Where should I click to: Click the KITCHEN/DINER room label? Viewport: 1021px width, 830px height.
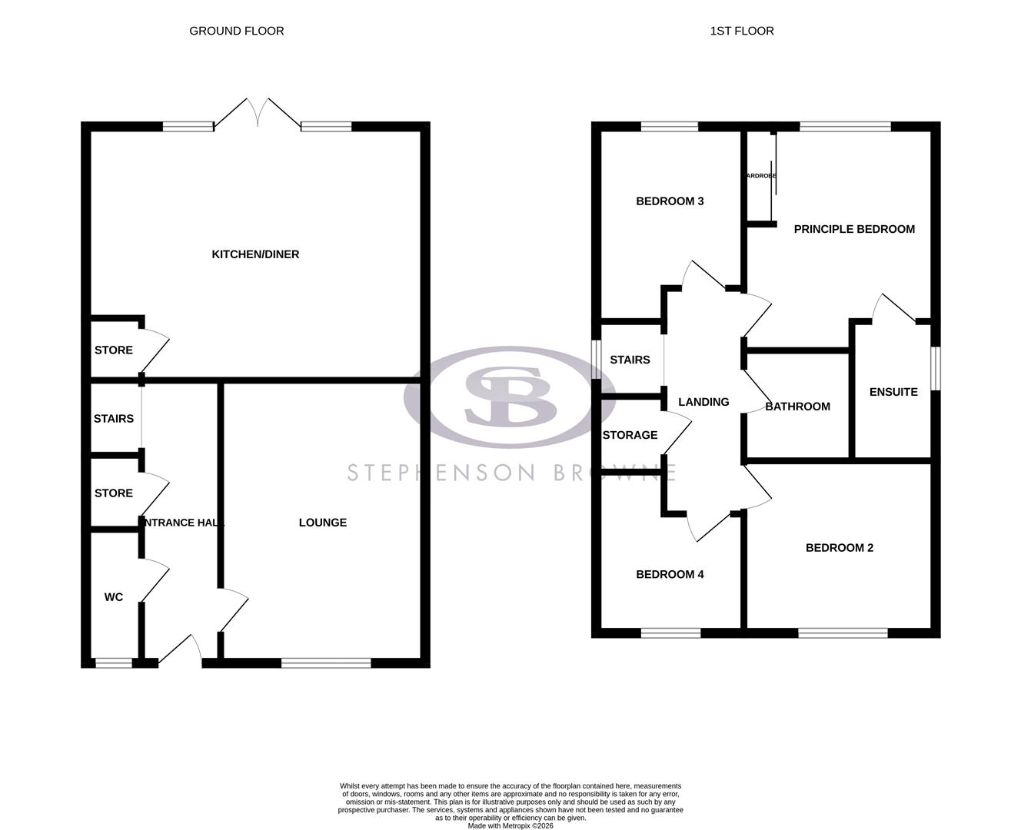coord(255,254)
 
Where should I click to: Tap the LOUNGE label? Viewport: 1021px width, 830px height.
coord(323,523)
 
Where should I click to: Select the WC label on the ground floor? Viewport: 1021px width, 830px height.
coord(114,597)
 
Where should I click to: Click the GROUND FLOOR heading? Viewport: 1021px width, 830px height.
coord(237,31)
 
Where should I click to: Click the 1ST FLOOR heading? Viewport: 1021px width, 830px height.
coord(742,31)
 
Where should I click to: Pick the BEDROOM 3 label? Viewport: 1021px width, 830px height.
coord(670,201)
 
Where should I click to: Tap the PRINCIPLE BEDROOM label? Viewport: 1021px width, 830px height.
coord(854,229)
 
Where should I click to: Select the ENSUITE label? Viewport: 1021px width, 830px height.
coord(893,392)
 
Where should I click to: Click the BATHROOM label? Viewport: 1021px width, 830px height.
coord(797,407)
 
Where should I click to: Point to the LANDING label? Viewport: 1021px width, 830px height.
coord(703,402)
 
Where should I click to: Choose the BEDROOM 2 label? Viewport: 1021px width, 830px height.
coord(840,548)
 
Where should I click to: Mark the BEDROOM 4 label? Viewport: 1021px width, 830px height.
coord(670,574)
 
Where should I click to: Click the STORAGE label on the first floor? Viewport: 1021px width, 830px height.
coord(630,435)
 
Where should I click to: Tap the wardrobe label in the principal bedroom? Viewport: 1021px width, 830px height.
coord(760,176)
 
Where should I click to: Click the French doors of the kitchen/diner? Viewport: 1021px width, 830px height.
coord(258,114)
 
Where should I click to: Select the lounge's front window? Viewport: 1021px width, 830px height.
coord(326,662)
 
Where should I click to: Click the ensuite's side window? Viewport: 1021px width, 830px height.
coord(935,369)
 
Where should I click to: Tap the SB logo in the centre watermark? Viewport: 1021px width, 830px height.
coord(510,396)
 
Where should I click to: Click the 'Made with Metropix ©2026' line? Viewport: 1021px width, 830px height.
coord(510,826)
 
